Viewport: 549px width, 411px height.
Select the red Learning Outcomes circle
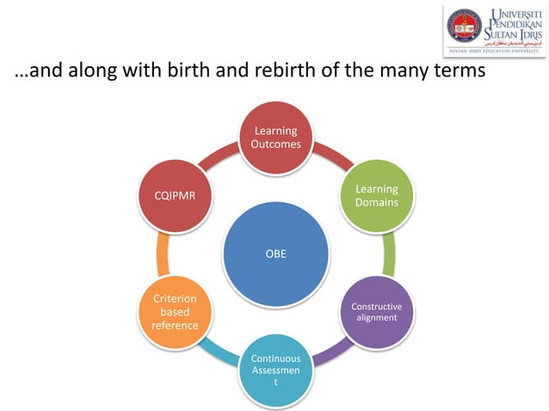point(275,138)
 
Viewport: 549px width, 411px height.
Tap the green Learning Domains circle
point(376,195)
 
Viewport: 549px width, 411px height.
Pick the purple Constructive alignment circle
point(376,311)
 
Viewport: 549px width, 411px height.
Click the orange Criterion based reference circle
point(175,311)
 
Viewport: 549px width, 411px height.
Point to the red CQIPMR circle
point(175,195)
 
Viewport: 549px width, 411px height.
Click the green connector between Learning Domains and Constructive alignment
point(388,254)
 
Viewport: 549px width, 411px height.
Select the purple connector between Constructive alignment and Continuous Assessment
point(331,351)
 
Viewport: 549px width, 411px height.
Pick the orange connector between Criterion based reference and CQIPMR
point(163,254)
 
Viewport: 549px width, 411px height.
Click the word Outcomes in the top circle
point(275,144)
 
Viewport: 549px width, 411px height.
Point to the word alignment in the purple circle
point(376,317)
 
